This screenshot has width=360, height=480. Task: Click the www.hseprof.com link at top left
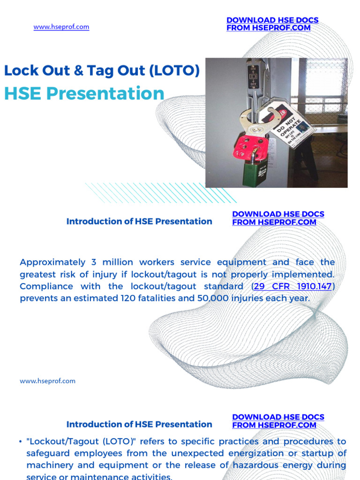(61, 27)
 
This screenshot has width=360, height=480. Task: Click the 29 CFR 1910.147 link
(293, 286)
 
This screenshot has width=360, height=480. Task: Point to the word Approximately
(53, 262)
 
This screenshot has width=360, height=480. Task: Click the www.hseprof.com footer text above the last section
(47, 381)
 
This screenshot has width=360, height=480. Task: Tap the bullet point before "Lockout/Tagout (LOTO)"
(22, 442)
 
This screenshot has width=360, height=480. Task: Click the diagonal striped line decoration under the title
(159, 193)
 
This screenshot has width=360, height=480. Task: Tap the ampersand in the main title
(77, 71)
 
